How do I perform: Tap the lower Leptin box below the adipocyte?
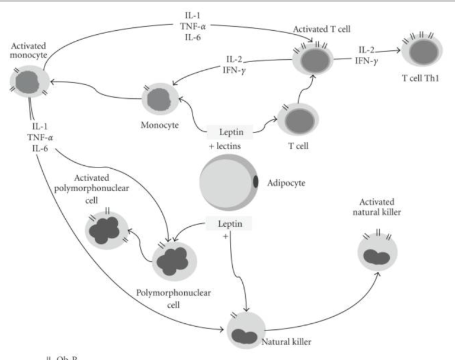pos(228,223)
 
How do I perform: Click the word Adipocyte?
pos(296,184)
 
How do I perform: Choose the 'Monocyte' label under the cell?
pos(157,126)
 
